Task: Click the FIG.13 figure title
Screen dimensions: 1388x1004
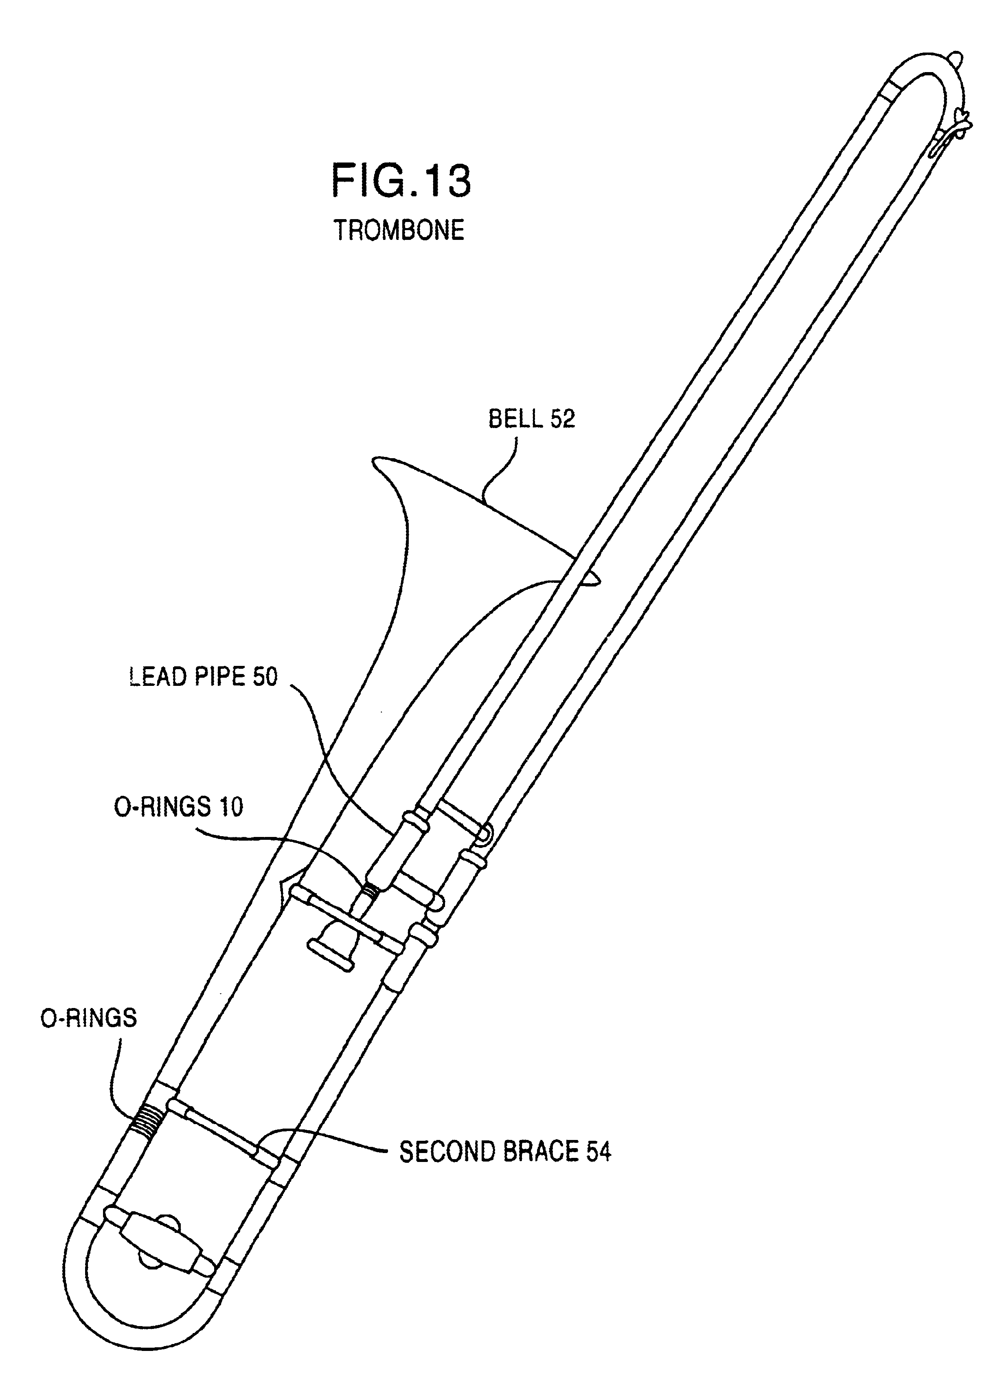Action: coord(401,180)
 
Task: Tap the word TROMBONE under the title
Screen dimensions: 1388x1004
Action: coord(399,230)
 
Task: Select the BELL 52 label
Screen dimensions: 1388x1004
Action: coord(531,419)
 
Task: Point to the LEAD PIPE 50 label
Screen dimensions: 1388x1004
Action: coord(203,677)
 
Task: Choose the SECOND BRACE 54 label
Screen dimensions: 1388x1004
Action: coord(505,1152)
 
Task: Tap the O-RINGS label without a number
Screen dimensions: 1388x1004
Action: coord(89,1018)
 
